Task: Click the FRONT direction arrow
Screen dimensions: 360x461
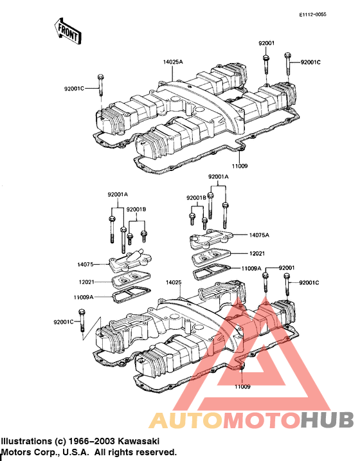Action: (67, 31)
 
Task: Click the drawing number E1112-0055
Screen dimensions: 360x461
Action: (312, 15)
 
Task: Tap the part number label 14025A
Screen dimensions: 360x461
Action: (173, 62)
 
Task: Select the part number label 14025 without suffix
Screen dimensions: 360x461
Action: (174, 282)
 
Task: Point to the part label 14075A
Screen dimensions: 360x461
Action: (259, 235)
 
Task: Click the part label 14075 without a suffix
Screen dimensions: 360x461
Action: (85, 265)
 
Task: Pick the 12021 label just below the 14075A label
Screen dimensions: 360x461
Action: (257, 253)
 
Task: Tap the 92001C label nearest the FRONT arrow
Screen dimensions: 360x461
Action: (75, 89)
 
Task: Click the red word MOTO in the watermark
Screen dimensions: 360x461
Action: (262, 420)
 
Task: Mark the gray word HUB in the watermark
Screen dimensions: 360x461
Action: (327, 420)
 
